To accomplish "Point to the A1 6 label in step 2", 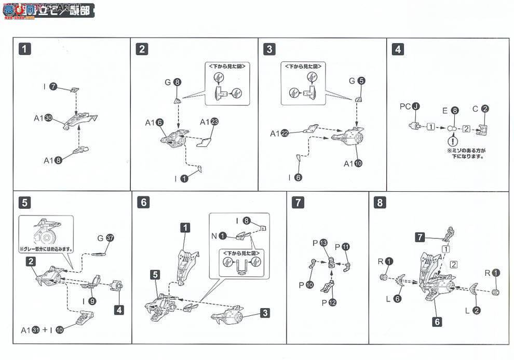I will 154,123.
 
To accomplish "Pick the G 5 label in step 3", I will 357,81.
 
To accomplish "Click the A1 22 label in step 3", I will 279,134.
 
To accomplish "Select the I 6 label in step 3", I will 294,177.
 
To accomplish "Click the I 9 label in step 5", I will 89,300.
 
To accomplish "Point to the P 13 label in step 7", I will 320,243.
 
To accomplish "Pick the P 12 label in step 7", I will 320,302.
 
